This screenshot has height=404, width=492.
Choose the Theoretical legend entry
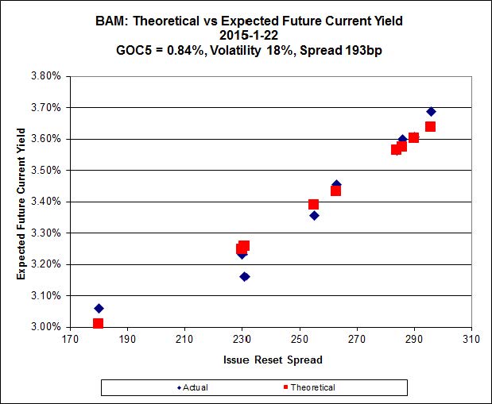(308, 387)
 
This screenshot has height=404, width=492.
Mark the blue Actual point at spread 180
(99, 308)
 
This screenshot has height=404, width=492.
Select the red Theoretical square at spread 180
(98, 323)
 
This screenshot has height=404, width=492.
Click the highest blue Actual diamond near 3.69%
(431, 111)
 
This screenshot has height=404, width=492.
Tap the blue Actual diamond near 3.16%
(245, 276)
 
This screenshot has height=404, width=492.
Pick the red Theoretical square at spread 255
(314, 205)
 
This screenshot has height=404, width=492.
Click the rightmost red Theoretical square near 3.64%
(430, 126)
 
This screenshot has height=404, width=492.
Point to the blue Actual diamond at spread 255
(314, 215)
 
